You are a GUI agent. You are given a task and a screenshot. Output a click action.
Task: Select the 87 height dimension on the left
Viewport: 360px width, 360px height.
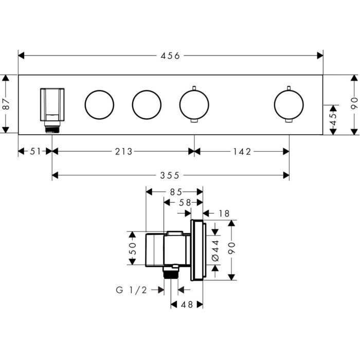[6, 104]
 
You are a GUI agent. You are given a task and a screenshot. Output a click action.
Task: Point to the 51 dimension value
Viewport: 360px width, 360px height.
[34, 151]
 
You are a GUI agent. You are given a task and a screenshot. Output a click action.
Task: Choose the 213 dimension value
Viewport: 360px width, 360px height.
[124, 151]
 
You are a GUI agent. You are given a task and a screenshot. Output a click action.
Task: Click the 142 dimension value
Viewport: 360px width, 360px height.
[242, 151]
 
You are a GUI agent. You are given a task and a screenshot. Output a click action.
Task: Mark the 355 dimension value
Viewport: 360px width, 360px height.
[170, 175]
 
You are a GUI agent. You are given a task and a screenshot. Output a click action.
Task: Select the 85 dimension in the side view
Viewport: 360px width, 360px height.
[175, 192]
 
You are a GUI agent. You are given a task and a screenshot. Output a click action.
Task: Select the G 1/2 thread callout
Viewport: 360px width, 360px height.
[131, 290]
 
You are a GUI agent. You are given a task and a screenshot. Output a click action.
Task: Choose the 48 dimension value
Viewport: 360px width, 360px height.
[186, 304]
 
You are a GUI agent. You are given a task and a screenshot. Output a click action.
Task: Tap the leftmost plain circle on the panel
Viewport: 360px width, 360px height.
[99, 104]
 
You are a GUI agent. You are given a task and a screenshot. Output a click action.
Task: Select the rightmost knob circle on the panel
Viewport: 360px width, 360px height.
[289, 104]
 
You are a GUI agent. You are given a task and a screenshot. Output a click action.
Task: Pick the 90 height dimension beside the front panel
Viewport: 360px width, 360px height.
[353, 104]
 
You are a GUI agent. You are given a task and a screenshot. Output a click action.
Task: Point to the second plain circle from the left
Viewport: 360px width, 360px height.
[147, 104]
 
